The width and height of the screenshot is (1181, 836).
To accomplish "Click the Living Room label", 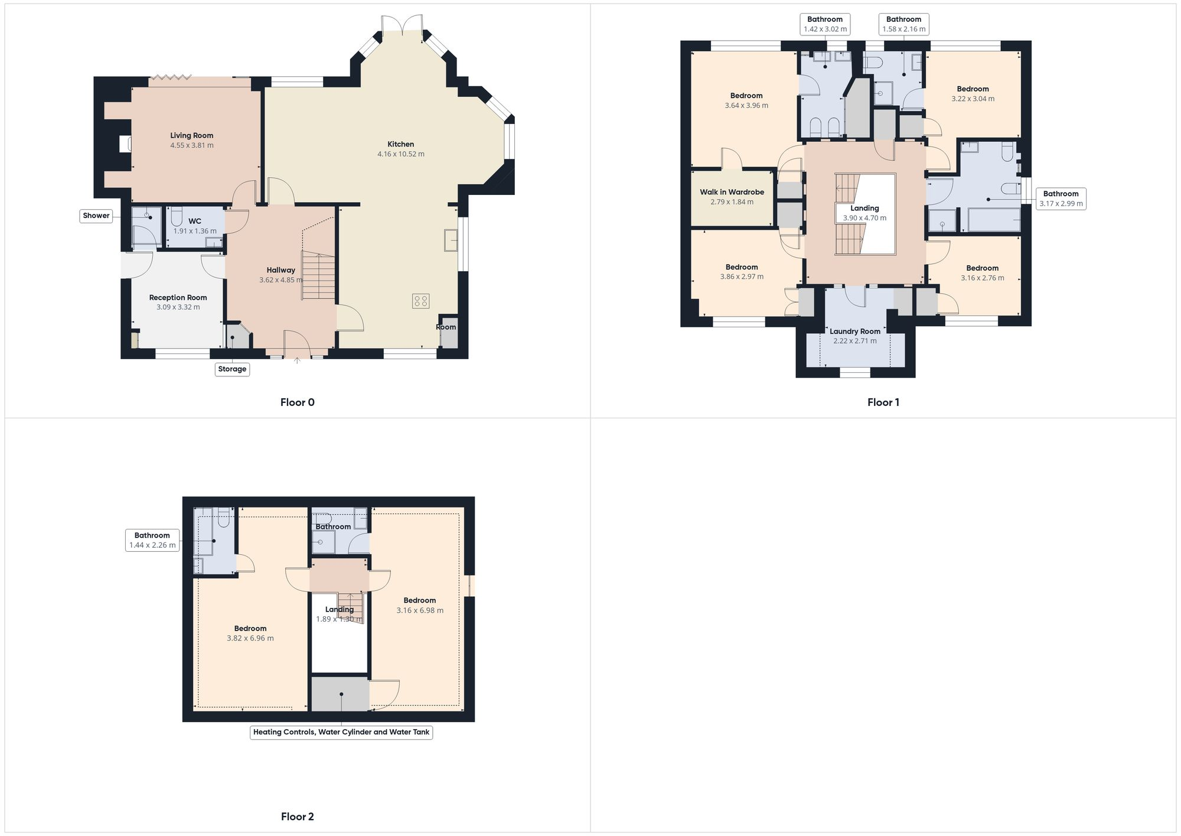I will (191, 135).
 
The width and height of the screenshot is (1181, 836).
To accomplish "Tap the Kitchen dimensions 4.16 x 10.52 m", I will (400, 154).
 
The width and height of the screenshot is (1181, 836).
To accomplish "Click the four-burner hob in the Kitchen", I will (420, 301).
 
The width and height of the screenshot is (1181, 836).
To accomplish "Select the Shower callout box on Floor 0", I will (96, 216).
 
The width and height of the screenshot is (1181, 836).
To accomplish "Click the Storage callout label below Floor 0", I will (232, 369).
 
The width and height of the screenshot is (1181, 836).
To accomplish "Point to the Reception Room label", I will (178, 298).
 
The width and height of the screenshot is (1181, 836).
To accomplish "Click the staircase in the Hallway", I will (318, 275).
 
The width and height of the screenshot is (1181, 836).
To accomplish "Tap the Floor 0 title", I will (297, 402).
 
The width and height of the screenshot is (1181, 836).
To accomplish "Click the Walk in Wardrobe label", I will (732, 192).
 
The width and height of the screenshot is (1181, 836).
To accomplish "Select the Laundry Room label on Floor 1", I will (854, 331).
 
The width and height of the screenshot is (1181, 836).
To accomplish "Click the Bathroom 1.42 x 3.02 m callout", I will (825, 24).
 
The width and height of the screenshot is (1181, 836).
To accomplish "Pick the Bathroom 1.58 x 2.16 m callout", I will (903, 24).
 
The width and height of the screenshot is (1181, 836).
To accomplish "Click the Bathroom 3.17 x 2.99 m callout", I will (1061, 199).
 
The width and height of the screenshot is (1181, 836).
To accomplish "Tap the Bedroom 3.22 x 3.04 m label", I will (973, 89).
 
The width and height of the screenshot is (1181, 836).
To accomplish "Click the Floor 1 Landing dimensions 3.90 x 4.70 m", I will (864, 218).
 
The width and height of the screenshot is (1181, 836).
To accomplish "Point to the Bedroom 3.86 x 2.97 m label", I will (742, 267).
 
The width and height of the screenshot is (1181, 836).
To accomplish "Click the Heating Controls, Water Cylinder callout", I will (341, 732).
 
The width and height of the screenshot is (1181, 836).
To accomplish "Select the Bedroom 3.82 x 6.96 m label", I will (250, 629).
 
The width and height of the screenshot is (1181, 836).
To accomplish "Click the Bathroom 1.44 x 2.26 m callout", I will (152, 540).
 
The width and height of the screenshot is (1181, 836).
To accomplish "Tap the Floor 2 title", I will (297, 817).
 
